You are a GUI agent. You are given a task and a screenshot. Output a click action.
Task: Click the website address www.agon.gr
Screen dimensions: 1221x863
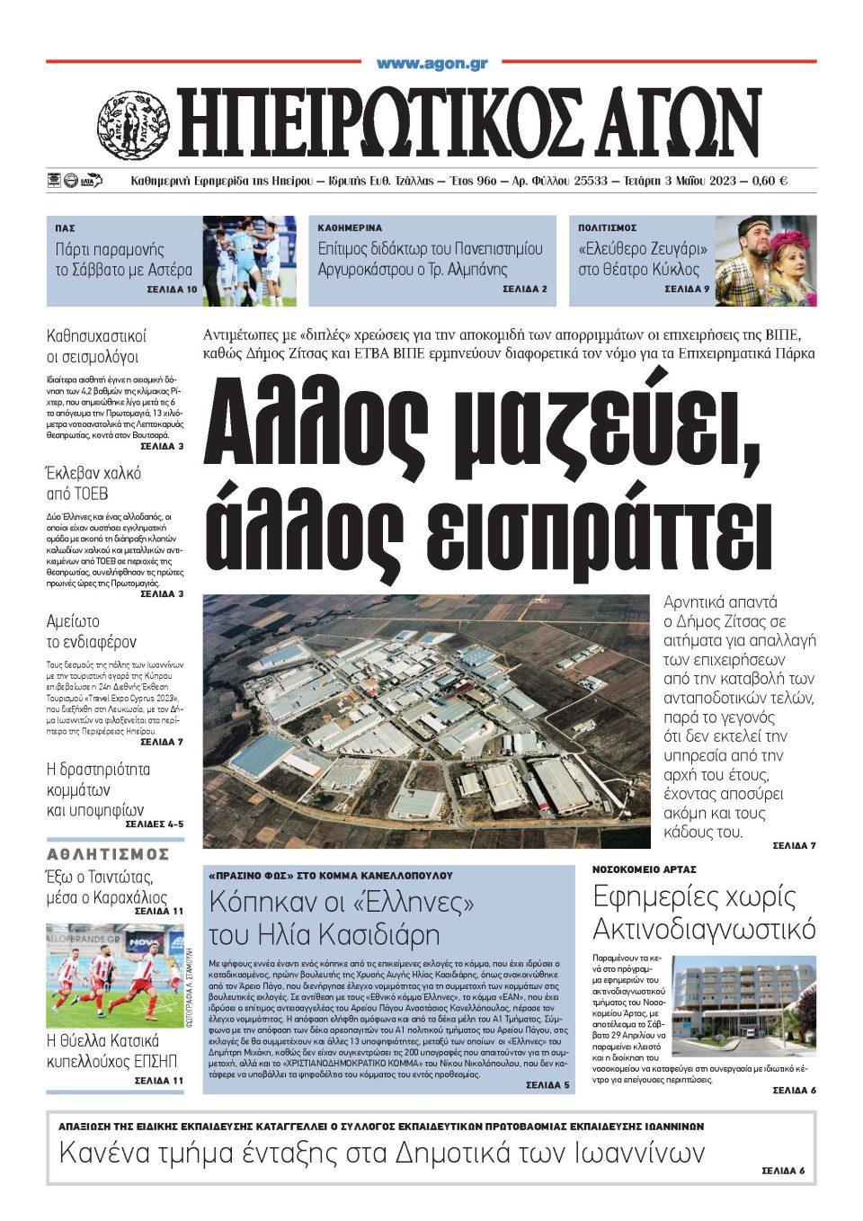pos(431,64)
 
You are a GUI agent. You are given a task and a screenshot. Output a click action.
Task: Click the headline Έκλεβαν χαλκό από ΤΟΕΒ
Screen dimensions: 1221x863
pos(93,484)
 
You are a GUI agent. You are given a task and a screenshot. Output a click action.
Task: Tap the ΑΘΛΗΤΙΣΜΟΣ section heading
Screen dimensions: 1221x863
pos(108,853)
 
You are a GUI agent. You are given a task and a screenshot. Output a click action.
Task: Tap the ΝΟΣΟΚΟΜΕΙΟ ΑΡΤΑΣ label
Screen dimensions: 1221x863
pos(645,870)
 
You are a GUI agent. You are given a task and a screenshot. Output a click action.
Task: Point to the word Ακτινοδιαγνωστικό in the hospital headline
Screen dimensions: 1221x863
pos(704,927)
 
